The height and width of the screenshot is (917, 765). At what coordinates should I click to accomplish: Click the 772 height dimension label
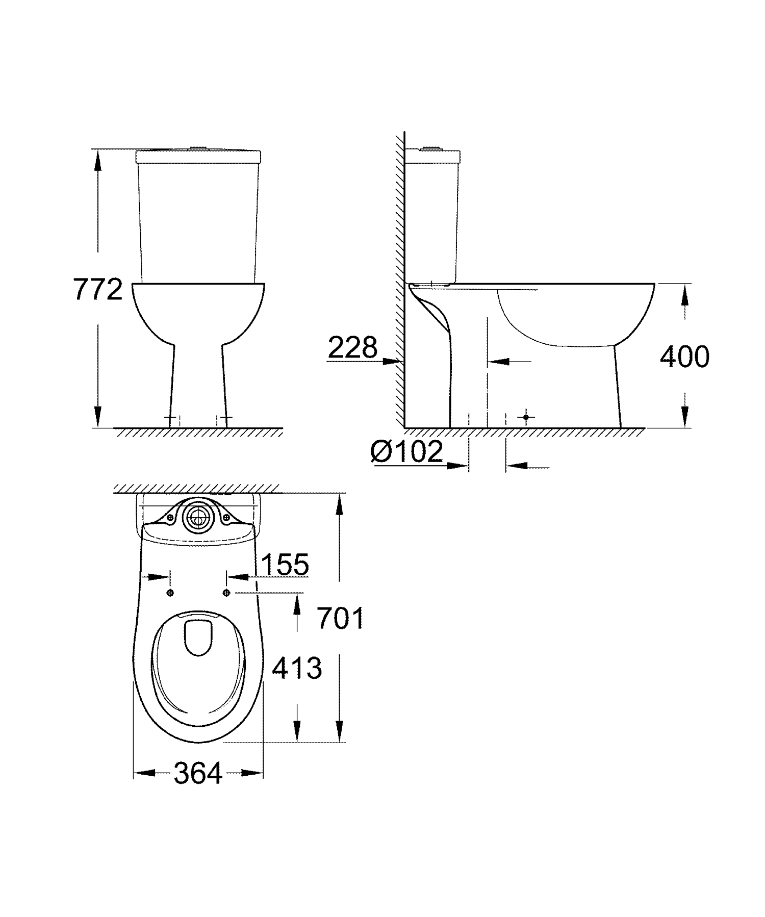[98, 289]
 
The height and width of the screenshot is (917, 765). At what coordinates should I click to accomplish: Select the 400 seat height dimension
[684, 356]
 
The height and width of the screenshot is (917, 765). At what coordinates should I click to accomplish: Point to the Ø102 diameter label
[407, 451]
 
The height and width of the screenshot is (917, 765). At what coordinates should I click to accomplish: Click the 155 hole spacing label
[285, 564]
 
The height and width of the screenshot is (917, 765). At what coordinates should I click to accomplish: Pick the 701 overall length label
[340, 619]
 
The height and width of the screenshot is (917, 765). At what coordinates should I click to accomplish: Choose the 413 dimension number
[297, 668]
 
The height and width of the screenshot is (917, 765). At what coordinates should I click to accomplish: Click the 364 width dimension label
[198, 773]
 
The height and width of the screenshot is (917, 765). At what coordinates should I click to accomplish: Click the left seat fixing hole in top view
[170, 593]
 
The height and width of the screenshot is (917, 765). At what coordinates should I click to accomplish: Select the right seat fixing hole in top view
[226, 593]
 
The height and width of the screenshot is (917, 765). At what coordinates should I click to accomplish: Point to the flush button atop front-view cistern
[199, 149]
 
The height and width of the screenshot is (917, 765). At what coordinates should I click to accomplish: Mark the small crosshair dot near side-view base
[526, 417]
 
